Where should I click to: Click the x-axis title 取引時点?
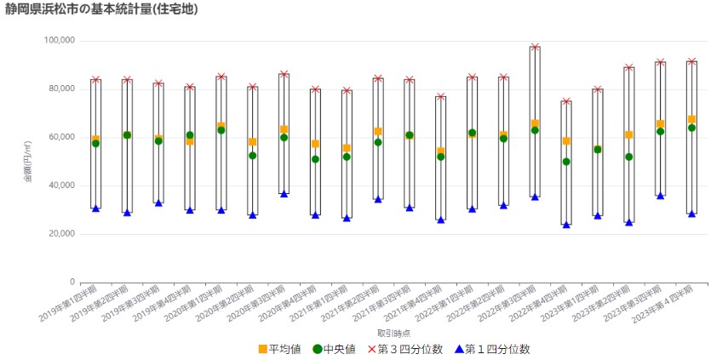pyautogui.click(x=393, y=333)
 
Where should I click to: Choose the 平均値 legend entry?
pyautogui.click(x=278, y=349)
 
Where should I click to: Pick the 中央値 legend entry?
pyautogui.click(x=335, y=349)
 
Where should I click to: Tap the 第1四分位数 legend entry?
pyautogui.click(x=492, y=349)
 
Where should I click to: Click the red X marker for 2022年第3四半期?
pyautogui.click(x=535, y=47)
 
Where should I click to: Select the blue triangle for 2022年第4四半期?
pyautogui.click(x=566, y=225)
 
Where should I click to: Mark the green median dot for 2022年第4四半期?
pyautogui.click(x=566, y=162)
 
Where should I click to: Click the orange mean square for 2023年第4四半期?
pyautogui.click(x=692, y=119)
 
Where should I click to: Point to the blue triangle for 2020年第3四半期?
pyautogui.click(x=284, y=194)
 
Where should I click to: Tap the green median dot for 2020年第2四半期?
pyautogui.click(x=252, y=156)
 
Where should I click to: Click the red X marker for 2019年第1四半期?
pyautogui.click(x=95, y=79)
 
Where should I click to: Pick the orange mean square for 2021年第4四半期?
pyautogui.click(x=440, y=151)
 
